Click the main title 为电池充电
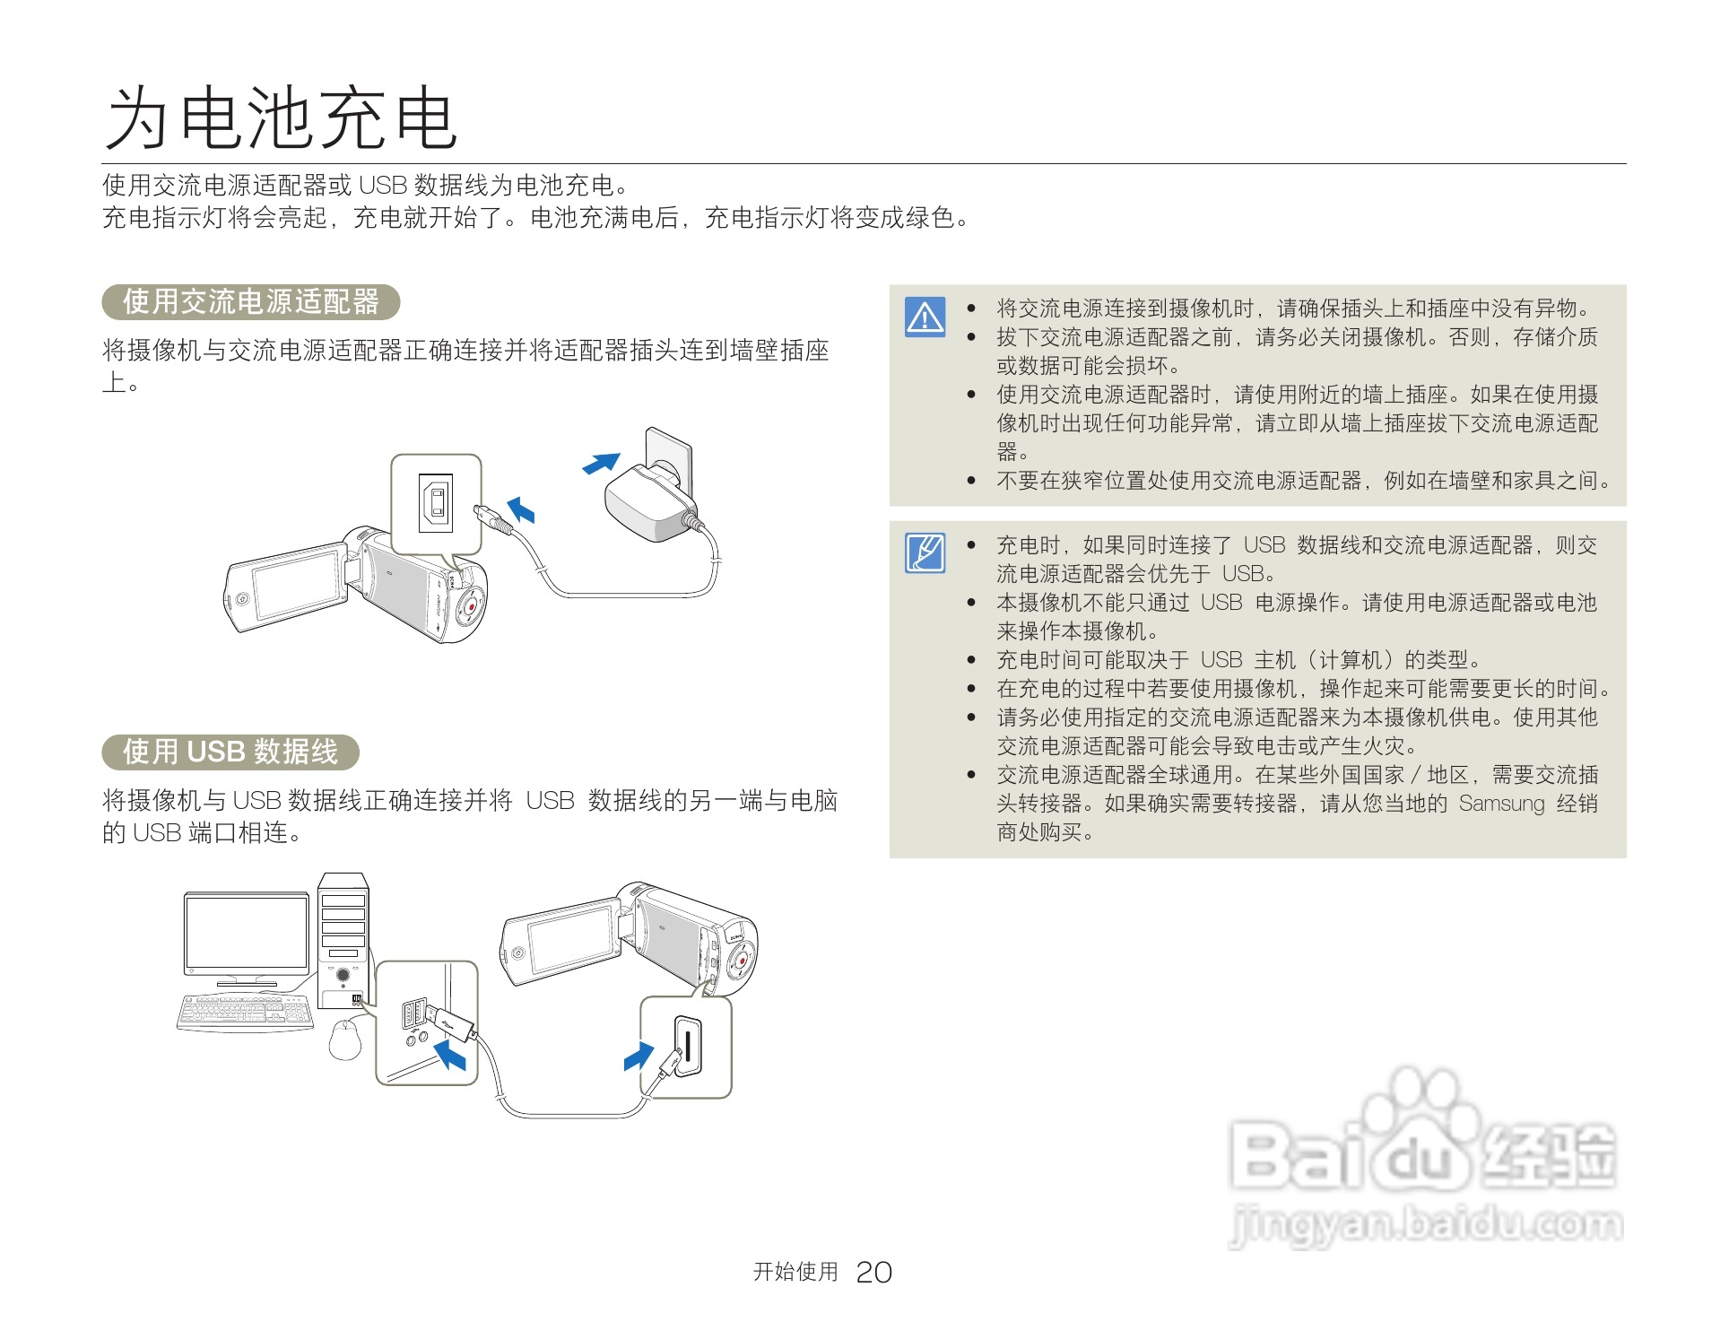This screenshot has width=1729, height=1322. (x=282, y=118)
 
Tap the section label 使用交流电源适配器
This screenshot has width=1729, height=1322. (x=251, y=301)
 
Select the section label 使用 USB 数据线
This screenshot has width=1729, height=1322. (x=230, y=752)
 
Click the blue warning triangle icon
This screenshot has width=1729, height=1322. (x=925, y=317)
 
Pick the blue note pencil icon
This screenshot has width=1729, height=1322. (x=925, y=552)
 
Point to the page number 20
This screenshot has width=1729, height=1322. (x=873, y=1272)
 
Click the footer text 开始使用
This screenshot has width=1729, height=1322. (x=795, y=1272)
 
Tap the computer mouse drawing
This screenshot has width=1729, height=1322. (x=345, y=1040)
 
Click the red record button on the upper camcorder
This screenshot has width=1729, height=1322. (x=471, y=606)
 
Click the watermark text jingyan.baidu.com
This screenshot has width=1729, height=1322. (x=1426, y=1224)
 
